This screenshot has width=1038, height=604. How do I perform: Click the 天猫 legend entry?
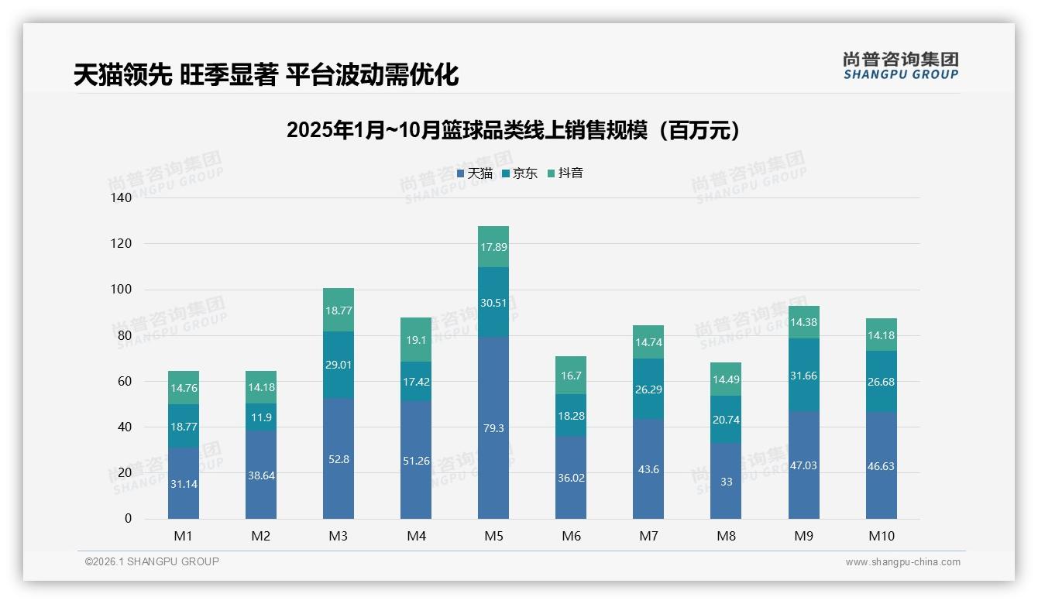tap(474, 173)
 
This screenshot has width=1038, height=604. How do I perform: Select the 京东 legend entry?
tap(520, 173)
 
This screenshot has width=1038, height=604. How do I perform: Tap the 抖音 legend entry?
tap(565, 173)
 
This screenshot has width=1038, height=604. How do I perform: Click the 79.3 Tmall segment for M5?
tap(493, 427)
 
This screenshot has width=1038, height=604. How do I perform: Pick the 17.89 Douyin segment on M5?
tap(493, 247)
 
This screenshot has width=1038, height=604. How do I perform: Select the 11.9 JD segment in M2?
tap(261, 417)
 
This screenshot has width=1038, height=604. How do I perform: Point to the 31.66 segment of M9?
tap(803, 376)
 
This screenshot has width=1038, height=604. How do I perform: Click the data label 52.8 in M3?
tap(339, 459)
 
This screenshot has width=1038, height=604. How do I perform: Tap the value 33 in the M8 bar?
tap(726, 481)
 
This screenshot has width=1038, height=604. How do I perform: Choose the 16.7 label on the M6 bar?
tap(571, 375)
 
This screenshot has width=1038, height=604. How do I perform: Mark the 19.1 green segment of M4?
tap(416, 339)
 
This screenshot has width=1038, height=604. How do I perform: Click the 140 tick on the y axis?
tap(122, 197)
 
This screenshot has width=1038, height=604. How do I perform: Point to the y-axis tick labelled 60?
tap(125, 381)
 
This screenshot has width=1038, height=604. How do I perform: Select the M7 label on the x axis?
tap(648, 536)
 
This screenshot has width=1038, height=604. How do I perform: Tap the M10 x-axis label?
tap(881, 536)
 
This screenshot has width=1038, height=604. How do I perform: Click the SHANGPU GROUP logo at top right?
tap(900, 65)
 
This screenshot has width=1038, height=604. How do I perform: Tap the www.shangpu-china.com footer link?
tap(902, 562)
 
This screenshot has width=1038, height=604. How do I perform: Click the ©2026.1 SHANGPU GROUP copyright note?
tap(152, 561)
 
